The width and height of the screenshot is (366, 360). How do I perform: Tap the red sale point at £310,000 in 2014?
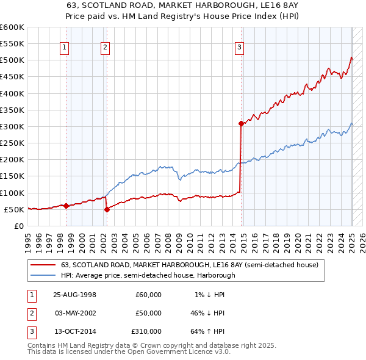point(241,123)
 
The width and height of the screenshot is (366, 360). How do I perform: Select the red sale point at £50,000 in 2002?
point(107,209)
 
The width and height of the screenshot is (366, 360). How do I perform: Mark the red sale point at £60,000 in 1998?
point(66,206)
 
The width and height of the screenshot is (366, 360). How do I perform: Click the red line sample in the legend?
point(44,265)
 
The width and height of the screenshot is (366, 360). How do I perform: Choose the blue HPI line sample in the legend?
point(44,275)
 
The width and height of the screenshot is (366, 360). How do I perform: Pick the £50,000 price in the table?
point(149,313)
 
